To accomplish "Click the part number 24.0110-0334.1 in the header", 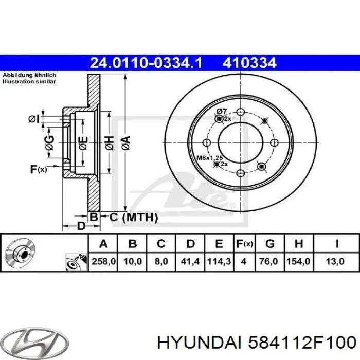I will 146,63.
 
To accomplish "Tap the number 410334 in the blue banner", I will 249,63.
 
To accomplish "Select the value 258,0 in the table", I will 103,262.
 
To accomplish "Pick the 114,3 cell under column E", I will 218,262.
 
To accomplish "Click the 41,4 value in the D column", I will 190,262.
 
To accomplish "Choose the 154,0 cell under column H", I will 299,262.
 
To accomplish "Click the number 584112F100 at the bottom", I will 302,342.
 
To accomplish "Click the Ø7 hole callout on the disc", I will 222,111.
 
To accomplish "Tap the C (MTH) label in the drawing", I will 133,218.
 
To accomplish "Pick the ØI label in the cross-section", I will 33,119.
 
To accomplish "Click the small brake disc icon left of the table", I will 19,253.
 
